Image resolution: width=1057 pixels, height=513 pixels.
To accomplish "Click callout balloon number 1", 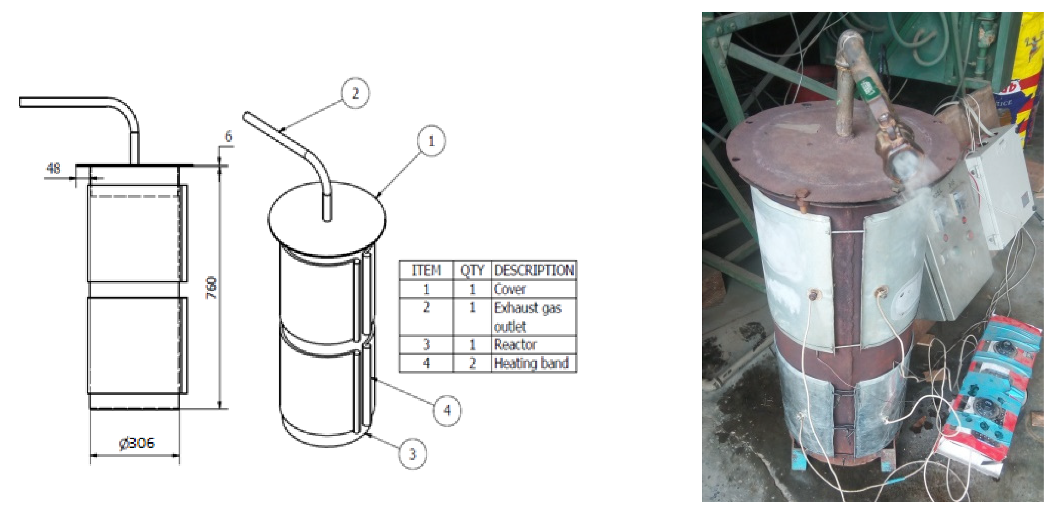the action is (x=431, y=141).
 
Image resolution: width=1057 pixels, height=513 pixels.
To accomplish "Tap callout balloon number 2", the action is (x=355, y=93).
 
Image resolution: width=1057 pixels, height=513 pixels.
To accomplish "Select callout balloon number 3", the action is (x=412, y=454).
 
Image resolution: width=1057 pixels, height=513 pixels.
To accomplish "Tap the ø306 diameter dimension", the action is (x=137, y=443).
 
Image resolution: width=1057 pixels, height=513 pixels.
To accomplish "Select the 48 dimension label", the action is (x=53, y=168).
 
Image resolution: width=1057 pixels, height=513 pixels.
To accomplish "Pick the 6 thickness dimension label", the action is (x=228, y=136).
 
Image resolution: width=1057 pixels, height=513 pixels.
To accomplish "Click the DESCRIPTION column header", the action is (x=534, y=270).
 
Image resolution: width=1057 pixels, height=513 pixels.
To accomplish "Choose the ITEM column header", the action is (x=426, y=270).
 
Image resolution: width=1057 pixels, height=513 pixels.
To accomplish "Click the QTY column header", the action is (x=472, y=270).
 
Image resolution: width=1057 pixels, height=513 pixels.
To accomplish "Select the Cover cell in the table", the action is (x=510, y=289).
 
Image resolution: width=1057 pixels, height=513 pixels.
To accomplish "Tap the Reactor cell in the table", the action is (x=515, y=344).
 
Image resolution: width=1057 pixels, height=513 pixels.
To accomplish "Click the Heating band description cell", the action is (x=531, y=363).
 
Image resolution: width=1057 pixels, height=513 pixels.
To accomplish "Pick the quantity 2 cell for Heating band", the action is (x=472, y=363).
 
